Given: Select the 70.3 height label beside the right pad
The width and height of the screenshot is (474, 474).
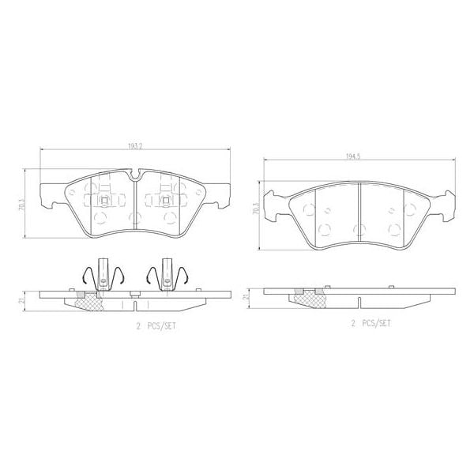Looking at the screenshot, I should tap(255, 208).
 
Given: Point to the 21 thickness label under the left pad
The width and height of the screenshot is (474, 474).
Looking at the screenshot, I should tap(24, 300).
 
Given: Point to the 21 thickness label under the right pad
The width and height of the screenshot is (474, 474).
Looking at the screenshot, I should tap(246, 295).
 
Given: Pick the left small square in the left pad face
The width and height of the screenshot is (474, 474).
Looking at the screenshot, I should tap(103, 198).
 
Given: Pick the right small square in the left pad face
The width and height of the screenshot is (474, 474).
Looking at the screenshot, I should tap(167, 198).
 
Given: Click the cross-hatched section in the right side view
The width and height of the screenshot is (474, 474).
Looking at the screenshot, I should tap(307, 295).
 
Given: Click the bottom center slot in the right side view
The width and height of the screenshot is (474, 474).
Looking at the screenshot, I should tap(359, 302).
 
